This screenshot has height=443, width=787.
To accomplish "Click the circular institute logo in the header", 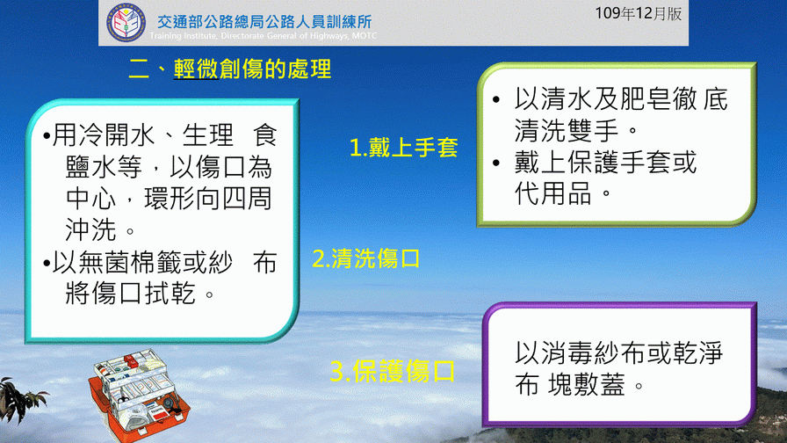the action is (x=126, y=23).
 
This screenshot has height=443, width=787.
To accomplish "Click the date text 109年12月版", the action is (x=638, y=13).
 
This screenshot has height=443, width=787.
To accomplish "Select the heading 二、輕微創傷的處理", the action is (x=230, y=69).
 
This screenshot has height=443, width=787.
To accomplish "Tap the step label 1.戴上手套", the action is (x=403, y=148).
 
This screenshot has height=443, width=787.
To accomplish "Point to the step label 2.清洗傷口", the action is (x=366, y=258).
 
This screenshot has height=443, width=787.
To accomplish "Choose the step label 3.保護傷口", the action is (x=392, y=372).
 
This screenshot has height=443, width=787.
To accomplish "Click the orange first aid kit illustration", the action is (x=139, y=396).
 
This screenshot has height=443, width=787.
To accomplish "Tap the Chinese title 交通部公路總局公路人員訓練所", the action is (x=264, y=22).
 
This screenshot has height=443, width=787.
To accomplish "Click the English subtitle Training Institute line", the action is (x=263, y=36).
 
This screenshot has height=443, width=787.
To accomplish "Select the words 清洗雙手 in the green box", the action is (x=566, y=130).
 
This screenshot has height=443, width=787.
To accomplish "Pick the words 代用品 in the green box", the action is (x=552, y=193).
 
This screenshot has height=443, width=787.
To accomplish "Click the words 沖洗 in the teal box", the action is (x=90, y=230).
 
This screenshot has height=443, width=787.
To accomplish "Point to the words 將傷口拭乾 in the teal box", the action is (x=131, y=294).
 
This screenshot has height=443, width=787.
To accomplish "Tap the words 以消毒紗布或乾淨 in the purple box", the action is (x=618, y=353).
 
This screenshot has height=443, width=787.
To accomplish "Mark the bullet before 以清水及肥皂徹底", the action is (x=496, y=99).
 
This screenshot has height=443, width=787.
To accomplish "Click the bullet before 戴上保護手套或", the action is (x=496, y=163).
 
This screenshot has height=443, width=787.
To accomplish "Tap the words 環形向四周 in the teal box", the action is (x=208, y=199).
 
